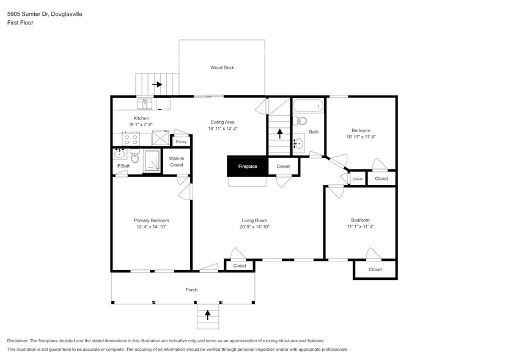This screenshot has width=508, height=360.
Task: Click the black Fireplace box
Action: coord(248,166)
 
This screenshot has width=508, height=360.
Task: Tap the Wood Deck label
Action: coord(222,68)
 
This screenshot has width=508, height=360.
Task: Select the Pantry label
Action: coord(181,142)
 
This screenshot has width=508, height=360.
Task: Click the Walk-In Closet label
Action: coord(177,162)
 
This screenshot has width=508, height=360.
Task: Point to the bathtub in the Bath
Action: coord(307,105)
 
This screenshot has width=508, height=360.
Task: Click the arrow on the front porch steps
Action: coord(207,315)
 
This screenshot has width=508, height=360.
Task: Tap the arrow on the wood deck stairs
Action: coord(157,84)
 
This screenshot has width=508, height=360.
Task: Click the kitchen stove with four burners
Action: coord(131,138)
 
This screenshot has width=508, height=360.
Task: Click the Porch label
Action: coord(191,290)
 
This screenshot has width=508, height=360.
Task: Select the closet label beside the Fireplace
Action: coord(283,166)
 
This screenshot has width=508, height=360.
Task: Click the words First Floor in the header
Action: coord(20,23)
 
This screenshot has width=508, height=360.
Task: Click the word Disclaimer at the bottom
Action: coord(18,340)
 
